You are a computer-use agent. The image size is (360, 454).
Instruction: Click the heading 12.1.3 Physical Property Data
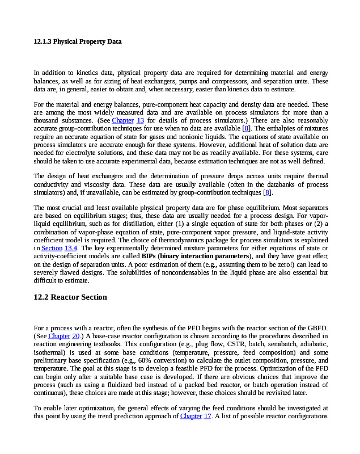click(78, 41)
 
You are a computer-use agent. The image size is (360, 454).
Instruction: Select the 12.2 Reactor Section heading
click(70, 297)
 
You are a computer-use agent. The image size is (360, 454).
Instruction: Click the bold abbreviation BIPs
click(149, 256)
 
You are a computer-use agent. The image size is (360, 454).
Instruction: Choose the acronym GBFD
click(316, 328)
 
